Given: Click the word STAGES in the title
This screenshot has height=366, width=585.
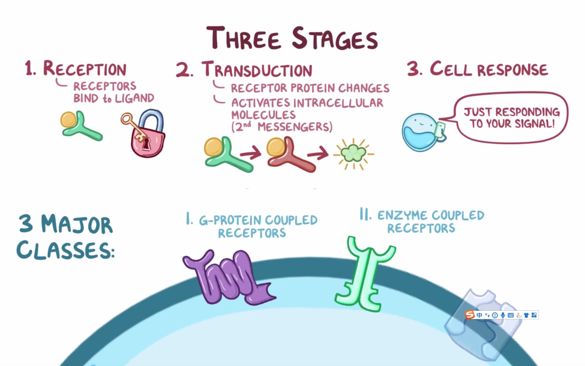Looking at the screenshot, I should click(x=335, y=39).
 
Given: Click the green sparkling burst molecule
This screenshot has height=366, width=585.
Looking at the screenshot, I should click(x=353, y=154).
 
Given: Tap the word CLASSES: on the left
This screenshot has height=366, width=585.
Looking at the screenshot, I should click(x=66, y=250).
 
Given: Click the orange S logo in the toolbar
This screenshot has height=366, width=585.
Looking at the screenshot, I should click(x=470, y=315).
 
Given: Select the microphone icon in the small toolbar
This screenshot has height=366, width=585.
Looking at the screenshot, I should click(x=503, y=315).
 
